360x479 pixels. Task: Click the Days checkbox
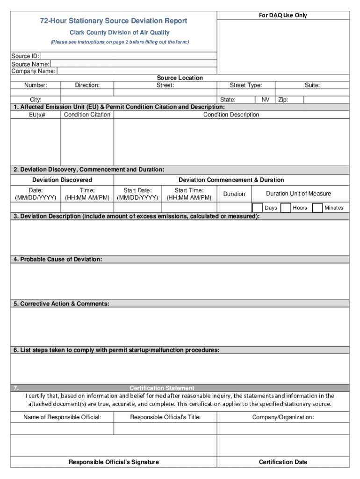[258, 207]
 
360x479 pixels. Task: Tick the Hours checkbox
[286, 207]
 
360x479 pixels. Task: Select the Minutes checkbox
[317, 207]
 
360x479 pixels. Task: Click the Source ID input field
[129, 56]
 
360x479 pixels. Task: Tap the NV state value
[265, 100]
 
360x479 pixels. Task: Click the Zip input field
[326, 100]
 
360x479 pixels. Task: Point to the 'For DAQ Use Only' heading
[283, 15]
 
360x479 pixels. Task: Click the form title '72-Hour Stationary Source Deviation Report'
[114, 21]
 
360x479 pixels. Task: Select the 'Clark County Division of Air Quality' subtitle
[120, 33]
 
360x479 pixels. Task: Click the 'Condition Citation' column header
[87, 115]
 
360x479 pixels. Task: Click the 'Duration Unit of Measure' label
[298, 194]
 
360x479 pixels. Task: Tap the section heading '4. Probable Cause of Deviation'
[58, 259]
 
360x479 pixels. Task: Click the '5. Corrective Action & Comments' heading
[62, 304]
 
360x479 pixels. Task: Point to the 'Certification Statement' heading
[162, 388]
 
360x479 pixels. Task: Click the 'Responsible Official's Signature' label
[114, 462]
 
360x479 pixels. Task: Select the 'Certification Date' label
[283, 462]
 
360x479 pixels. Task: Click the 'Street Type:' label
[245, 85]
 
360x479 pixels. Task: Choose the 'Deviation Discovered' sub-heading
[62, 180]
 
